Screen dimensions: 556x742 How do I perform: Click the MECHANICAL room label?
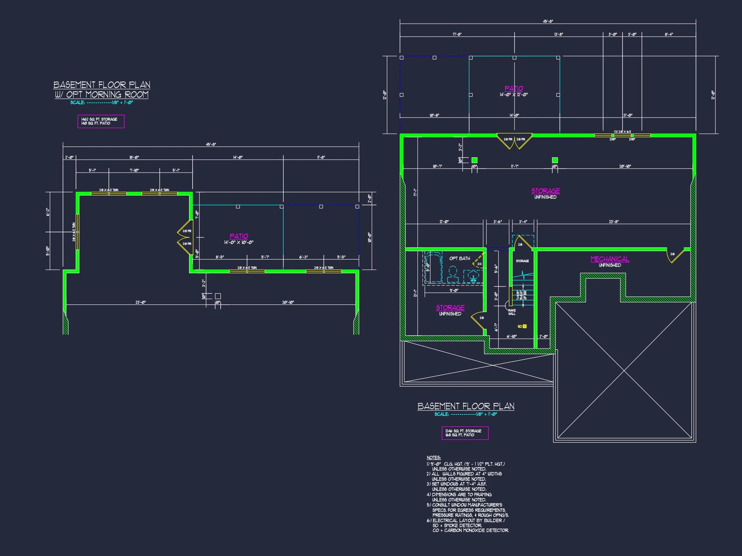(610, 259)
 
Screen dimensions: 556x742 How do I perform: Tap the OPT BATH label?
(459, 258)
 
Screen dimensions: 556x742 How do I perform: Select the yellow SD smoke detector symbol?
(525, 326)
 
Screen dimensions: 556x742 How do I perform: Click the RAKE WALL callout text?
(512, 312)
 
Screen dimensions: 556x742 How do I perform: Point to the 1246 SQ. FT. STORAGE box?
(465, 433)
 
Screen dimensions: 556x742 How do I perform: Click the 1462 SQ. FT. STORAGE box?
(100, 121)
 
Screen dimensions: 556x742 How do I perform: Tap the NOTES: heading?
(433, 458)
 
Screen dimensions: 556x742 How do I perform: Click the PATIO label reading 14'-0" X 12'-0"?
(514, 91)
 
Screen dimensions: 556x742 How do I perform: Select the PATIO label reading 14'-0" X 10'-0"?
(239, 239)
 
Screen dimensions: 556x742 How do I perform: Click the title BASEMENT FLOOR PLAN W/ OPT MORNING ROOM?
(102, 89)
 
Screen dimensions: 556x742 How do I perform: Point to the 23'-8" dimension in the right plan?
(614, 221)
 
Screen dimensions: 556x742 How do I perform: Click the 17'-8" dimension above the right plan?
(457, 34)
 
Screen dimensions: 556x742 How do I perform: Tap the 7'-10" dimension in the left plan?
(134, 170)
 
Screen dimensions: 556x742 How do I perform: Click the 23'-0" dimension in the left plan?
(140, 302)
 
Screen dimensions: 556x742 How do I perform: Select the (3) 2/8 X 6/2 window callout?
(622, 132)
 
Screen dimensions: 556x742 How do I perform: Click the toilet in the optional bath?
(453, 274)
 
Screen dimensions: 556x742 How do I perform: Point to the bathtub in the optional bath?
(433, 267)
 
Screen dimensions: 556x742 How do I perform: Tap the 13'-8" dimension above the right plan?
(558, 34)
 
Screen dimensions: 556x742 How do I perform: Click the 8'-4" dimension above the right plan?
(669, 34)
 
